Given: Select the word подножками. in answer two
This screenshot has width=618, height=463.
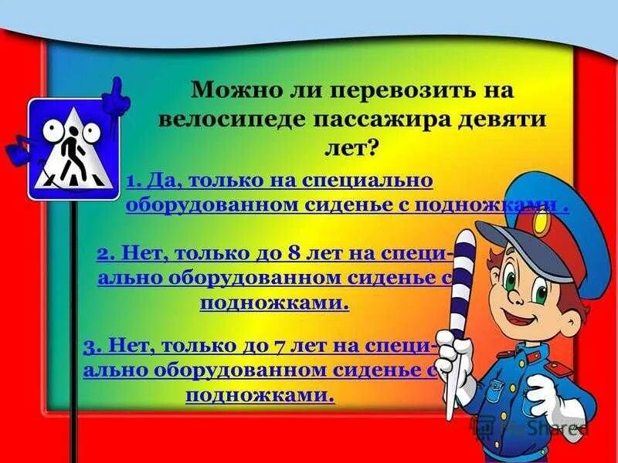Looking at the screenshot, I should click(274, 302).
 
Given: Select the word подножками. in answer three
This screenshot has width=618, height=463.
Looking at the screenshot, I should click(260, 395).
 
